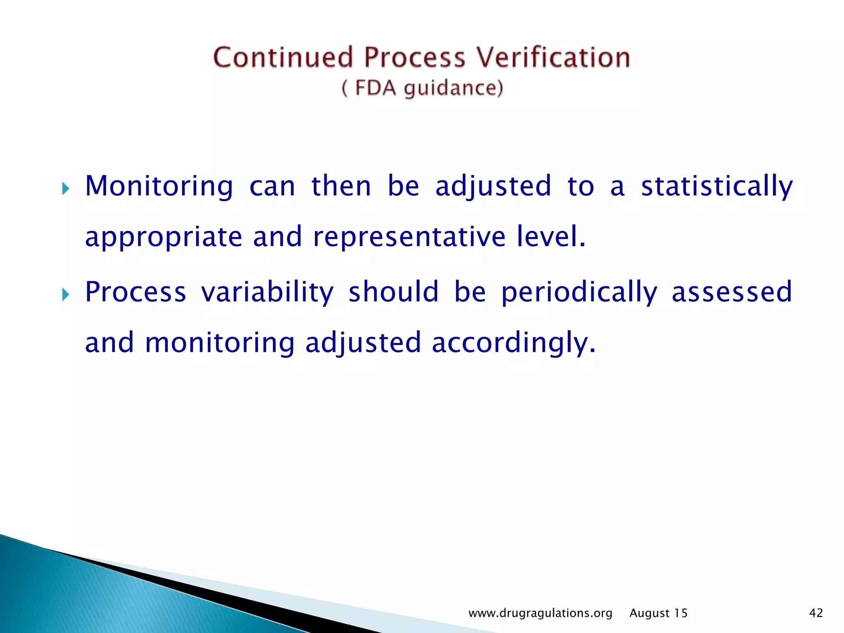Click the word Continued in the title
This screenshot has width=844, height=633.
coord(283,57)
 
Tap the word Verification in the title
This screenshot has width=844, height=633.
coord(553,57)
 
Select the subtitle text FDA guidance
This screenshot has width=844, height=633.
coord(422,88)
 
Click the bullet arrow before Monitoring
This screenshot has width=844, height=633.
coord(66,189)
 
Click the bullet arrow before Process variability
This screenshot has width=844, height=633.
coord(66,295)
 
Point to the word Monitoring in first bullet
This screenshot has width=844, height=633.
coord(159,186)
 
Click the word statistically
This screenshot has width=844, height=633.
coord(717,186)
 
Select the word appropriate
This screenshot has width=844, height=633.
coord(164,238)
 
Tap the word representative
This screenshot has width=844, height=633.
coord(409,237)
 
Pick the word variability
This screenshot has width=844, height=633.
coord(267,292)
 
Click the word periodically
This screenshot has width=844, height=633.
coord(579,292)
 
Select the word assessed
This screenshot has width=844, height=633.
coord(732,292)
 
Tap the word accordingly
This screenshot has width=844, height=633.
coord(513,343)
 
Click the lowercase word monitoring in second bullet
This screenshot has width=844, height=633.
coord(220,343)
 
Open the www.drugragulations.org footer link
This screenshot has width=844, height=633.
coord(540,613)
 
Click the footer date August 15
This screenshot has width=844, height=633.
coord(659,613)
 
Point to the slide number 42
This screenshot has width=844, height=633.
coord(816,613)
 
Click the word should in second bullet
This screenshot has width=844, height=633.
coord(394,292)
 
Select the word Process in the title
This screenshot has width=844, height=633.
coord(415,57)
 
